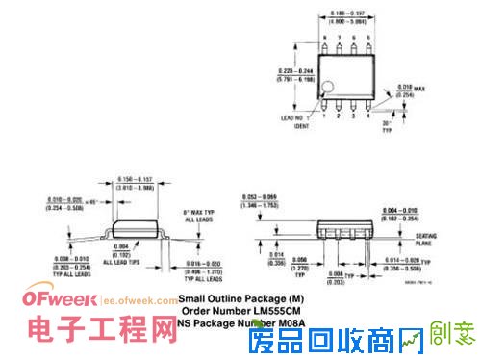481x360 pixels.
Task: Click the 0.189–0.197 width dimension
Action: point(348,13)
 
